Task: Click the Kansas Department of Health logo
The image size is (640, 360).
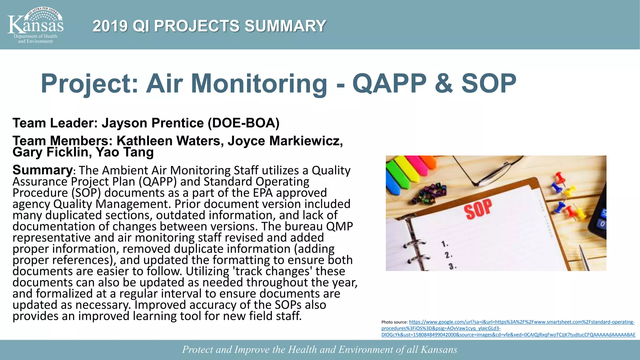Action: coord(35,25)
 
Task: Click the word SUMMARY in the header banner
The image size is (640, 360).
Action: coord(285,26)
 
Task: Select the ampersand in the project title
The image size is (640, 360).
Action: coord(443,84)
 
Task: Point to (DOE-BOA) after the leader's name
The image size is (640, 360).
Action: coord(244,123)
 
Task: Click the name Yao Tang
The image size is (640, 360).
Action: coord(125,152)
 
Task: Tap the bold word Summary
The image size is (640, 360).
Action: coord(42,170)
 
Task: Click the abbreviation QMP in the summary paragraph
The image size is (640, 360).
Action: coord(339,226)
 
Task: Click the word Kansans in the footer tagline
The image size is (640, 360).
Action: coord(439,349)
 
